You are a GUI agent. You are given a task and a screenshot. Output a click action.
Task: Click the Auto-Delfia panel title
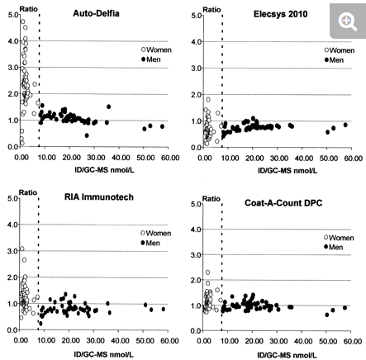coord(96,13)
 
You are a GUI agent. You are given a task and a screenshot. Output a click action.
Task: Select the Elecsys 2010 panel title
coord(280,14)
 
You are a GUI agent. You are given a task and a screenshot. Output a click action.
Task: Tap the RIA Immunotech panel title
coord(99,197)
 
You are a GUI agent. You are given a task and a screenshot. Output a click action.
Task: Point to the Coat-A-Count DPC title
coord(283,203)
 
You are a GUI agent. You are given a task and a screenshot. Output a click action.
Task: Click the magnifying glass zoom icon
coord(348,22)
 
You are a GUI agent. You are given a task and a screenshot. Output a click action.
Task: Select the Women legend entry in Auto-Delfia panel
coord(156,50)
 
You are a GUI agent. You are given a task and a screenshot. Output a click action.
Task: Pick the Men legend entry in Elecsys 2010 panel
coord(334,60)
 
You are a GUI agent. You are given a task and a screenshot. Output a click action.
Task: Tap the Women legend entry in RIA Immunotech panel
coord(156,233)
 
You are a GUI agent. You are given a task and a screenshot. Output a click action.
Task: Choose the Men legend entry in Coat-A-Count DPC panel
coord(333,247)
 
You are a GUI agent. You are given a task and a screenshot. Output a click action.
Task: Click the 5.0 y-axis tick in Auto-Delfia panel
coord(13,15)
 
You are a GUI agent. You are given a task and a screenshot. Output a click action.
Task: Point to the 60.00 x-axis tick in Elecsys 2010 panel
coord(353,159)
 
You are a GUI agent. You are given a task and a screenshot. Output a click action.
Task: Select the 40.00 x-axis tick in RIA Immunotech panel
coord(121,341)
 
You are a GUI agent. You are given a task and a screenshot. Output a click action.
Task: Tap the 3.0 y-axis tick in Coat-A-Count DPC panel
coord(196,255)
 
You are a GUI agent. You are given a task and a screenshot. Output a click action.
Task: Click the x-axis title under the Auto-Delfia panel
coord(104,170)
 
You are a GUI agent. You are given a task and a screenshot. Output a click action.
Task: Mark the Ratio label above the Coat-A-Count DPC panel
coord(212,199)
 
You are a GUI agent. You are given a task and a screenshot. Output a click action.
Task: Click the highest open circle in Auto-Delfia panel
coord(22,21)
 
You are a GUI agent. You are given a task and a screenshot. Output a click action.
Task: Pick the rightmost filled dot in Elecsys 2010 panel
coord(345,125)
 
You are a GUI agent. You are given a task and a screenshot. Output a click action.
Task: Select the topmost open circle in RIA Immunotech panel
coord(22,249)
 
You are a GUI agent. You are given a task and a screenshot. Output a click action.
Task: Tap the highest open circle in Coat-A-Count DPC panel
coord(207,272)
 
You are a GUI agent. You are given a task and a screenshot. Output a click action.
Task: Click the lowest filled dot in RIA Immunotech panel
coord(40,324)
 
